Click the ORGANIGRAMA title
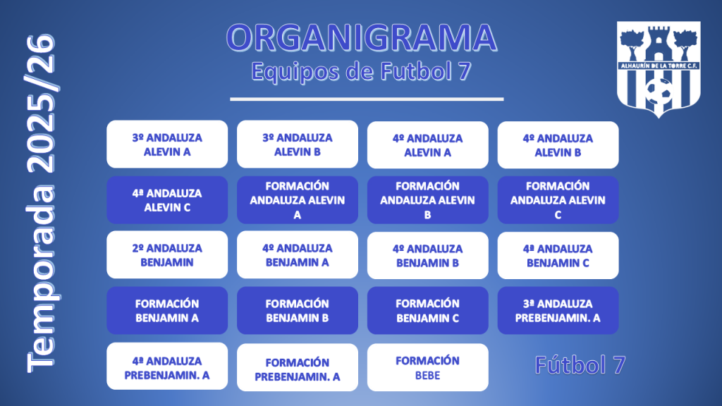362,38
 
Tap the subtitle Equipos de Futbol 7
362,72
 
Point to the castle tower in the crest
659,43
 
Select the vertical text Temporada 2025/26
41,202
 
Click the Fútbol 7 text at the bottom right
580,365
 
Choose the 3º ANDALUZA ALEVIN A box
167,144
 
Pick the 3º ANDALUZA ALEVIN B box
298,144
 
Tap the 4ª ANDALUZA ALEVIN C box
167,200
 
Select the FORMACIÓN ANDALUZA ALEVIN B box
428,200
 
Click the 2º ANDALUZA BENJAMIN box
167,255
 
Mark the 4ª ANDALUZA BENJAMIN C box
558,255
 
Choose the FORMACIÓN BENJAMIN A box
167,311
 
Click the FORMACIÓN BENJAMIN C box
428,311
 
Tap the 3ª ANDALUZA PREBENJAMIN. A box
558,311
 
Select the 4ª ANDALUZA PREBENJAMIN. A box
167,367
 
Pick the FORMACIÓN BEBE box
428,367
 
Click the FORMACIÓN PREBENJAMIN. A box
298,367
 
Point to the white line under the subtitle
367,99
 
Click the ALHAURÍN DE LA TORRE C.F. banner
659,66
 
